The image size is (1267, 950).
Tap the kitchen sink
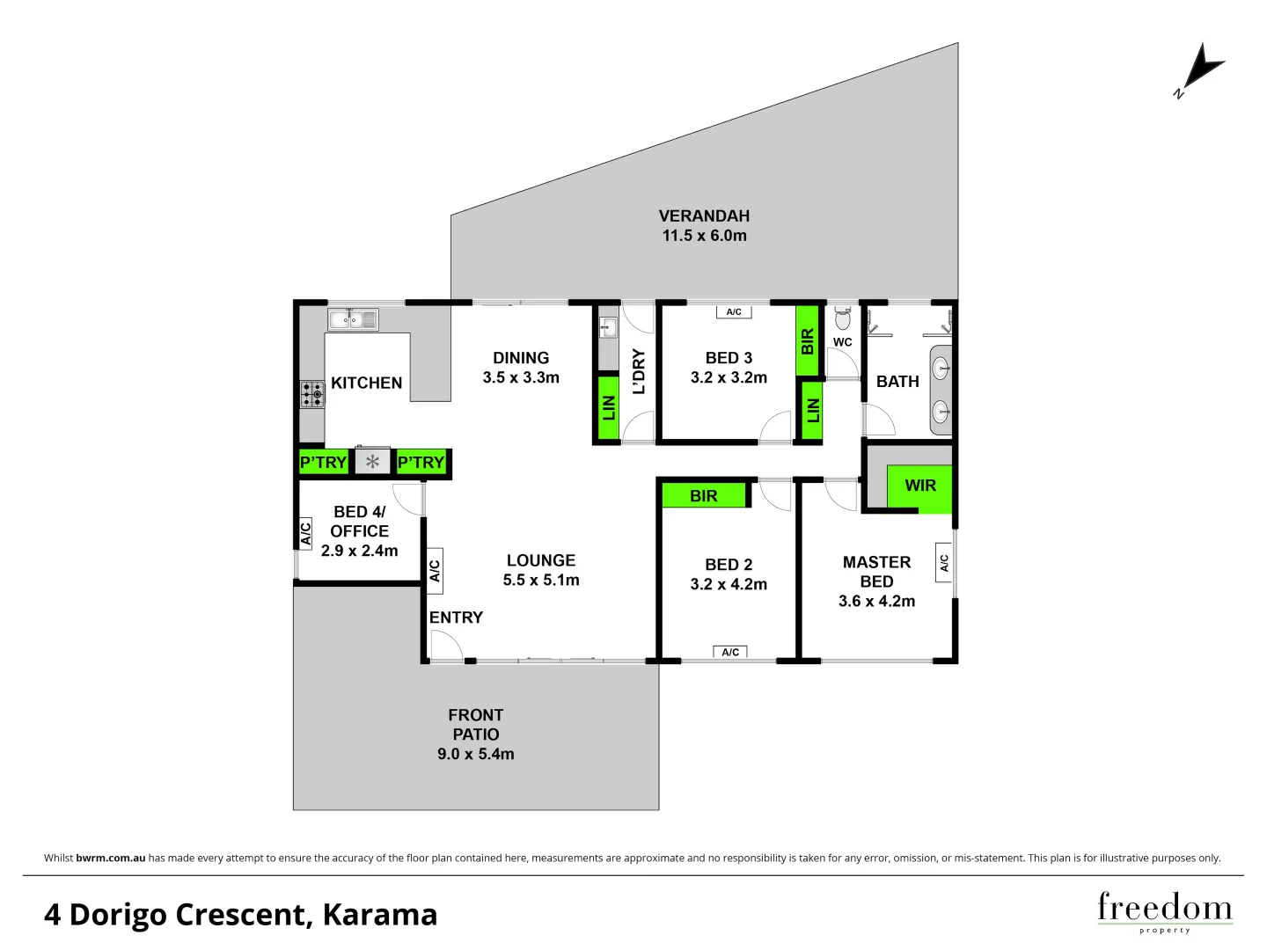click(x=353, y=319)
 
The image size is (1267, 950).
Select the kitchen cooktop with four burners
click(x=312, y=394)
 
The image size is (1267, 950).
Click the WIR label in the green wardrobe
click(x=920, y=486)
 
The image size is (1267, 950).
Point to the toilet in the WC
click(x=843, y=317)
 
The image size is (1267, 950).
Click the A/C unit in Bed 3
click(x=734, y=312)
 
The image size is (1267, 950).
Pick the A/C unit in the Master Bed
click(x=944, y=562)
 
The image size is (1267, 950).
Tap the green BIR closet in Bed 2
click(x=704, y=496)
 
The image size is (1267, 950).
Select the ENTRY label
click(x=456, y=617)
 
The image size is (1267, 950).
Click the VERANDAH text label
click(x=704, y=216)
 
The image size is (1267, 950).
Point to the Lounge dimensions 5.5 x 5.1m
click(x=541, y=581)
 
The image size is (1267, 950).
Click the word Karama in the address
click(x=379, y=915)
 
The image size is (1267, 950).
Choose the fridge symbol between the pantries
click(x=372, y=462)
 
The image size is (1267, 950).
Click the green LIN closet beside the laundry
click(x=608, y=408)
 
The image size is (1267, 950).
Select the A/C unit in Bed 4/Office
click(x=306, y=533)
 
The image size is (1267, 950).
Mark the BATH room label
click(x=897, y=382)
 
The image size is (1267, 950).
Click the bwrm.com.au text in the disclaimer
click(x=111, y=858)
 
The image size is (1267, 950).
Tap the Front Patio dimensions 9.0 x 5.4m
click(x=476, y=754)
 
